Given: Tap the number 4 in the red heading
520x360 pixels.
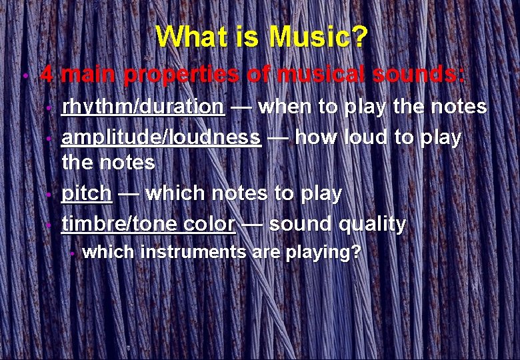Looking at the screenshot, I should coord(46,73).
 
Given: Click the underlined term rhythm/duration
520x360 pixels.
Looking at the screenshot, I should coord(143,107).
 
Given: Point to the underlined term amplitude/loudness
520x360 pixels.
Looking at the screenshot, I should coord(161,137).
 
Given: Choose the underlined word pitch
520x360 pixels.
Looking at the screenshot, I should coord(86,193).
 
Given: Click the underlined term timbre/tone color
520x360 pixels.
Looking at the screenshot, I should coord(148,224).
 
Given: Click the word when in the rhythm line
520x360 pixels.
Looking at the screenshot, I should coord(283,107).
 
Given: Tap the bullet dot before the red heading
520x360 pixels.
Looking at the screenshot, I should coord(24,75).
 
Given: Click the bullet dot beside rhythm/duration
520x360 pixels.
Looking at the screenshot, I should coord(49,109).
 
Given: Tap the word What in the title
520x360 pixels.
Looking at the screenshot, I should coord(187,37).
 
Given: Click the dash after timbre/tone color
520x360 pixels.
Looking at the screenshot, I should coord(251,225).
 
